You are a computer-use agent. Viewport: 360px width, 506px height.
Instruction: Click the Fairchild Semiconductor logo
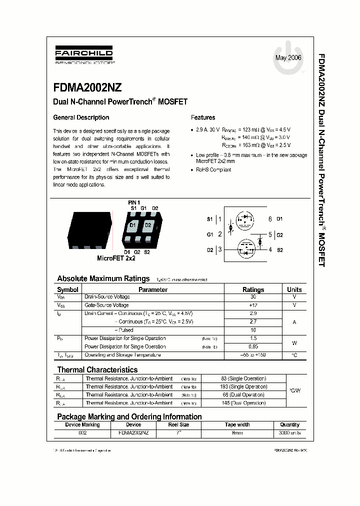83,56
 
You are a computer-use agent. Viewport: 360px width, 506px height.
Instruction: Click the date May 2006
288,58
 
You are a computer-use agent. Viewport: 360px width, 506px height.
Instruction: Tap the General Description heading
81,117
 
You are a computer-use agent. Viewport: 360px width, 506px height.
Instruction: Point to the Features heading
203,117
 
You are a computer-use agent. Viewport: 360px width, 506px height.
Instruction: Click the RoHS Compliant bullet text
213,169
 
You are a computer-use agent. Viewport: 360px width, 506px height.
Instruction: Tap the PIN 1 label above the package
134,202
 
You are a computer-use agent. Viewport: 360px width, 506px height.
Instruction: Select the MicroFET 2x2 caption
116,258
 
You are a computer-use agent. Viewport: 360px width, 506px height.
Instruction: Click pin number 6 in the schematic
270,219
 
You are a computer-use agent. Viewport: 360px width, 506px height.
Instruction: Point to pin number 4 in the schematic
270,249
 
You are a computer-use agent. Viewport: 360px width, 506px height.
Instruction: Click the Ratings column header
253,289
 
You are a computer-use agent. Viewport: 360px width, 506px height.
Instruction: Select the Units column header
294,289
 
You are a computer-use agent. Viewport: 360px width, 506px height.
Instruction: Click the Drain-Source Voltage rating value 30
253,297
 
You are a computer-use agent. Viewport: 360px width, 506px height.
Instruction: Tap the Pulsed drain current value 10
253,330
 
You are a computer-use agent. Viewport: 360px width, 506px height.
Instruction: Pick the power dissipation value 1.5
253,338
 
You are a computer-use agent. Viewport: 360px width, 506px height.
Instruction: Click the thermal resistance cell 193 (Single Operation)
243,386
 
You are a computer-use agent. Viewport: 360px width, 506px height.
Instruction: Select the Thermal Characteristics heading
97,370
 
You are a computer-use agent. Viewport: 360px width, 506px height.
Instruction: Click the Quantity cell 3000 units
290,432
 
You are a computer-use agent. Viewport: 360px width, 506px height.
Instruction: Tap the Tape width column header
237,424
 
